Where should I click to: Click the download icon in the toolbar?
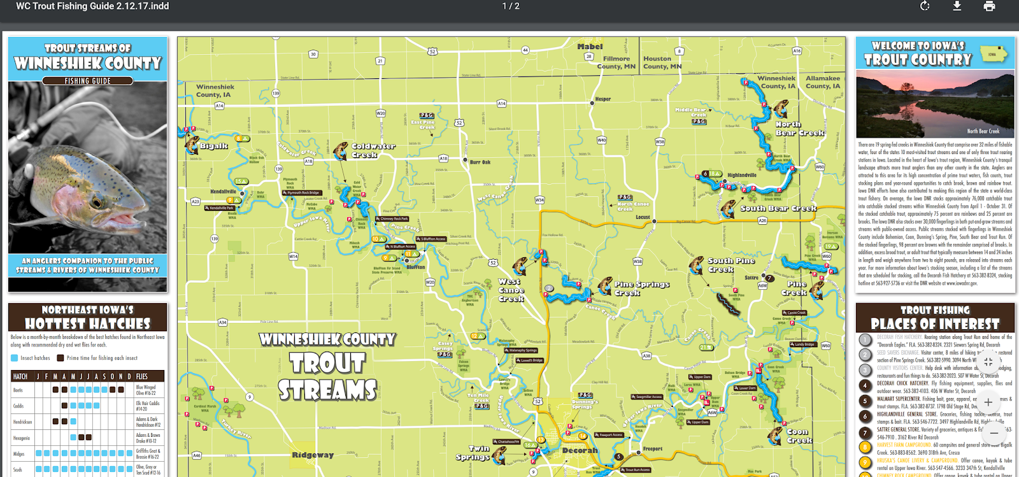957,6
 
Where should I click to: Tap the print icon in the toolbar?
989,6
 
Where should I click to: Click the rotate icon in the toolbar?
925,6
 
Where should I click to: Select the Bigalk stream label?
213,146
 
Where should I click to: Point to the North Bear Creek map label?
799,129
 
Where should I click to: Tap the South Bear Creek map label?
778,208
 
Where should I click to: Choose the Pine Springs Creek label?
641,288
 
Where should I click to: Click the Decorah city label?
580,450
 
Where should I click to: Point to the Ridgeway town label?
313,455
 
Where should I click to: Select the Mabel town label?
590,46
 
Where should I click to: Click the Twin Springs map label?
473,453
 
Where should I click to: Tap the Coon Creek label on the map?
798,436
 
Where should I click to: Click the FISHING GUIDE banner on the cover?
88,81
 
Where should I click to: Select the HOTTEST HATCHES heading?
88,324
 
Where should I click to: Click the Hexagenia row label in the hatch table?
22,438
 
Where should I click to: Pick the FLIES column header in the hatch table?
142,376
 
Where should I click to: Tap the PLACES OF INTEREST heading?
935,324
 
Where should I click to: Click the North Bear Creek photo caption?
983,131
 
